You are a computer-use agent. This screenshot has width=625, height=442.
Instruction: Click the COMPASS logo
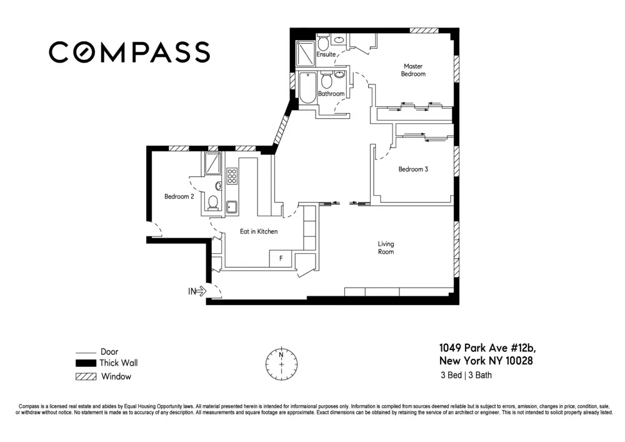coord(129,52)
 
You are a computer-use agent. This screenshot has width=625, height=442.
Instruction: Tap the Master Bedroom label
coord(413,70)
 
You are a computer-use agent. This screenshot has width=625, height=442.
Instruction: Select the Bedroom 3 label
coord(413,169)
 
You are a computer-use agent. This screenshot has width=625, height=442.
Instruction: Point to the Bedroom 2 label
coord(179,196)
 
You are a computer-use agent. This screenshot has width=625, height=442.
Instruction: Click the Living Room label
coord(386,248)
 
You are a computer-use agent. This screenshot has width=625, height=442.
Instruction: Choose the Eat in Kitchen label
coord(259,231)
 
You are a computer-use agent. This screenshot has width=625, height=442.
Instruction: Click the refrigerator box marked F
coord(281,258)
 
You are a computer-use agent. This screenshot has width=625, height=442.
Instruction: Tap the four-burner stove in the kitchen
coord(232,176)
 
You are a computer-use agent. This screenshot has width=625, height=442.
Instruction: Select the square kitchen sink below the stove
coord(232,206)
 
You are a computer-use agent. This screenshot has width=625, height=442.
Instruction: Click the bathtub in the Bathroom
coord(307,88)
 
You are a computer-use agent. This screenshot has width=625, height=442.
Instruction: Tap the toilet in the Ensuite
coord(323,43)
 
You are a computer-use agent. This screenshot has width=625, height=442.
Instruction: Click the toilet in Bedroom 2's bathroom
coord(212,202)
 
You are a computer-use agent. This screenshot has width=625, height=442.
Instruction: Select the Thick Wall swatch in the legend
coord(86,363)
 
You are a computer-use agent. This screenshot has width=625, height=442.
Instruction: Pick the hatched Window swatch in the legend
coord(86,376)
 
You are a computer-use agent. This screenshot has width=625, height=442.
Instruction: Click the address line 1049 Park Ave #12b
coord(487,348)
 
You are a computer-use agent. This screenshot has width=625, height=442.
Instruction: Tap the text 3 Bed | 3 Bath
coord(469,376)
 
